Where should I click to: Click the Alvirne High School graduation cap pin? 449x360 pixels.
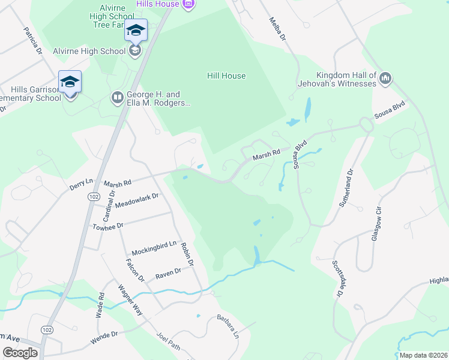136,31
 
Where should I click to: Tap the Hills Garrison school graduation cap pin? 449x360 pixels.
70,82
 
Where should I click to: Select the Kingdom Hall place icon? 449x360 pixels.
385,78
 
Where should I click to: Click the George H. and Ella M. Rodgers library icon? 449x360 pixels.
117,97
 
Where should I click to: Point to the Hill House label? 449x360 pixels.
226,76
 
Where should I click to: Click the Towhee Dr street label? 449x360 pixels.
107,226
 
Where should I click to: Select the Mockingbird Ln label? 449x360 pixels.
155,244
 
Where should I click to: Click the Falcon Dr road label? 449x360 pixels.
135,266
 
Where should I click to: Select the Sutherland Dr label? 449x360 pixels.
348,187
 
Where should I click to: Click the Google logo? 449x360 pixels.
20,352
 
